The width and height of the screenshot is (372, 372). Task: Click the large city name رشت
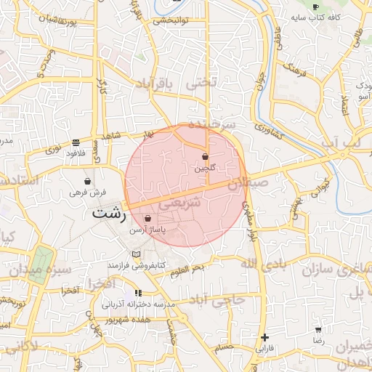pyautogui.click(x=109, y=215)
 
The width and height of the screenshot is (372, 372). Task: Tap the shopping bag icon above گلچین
pyautogui.click(x=205, y=156)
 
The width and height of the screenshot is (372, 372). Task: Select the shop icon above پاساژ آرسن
pyautogui.click(x=147, y=218)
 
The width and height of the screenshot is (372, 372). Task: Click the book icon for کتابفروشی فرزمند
pyautogui.click(x=136, y=254)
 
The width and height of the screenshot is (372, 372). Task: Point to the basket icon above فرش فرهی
pyautogui.click(x=88, y=181)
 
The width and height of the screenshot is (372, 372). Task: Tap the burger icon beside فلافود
pyautogui.click(x=76, y=142)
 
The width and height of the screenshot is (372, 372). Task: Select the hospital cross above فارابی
pyautogui.click(x=264, y=337)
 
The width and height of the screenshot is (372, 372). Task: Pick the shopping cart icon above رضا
pyautogui.click(x=318, y=330)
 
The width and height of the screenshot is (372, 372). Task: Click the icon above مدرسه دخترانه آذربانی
pyautogui.click(x=138, y=293)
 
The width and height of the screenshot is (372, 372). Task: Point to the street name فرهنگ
pyautogui.click(x=294, y=73)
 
